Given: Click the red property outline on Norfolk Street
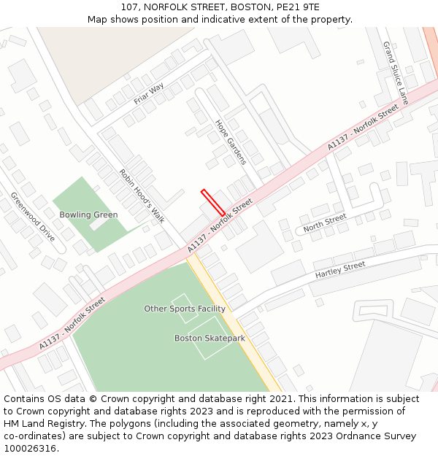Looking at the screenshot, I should click(213, 202).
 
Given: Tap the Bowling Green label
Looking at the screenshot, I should click(88, 215).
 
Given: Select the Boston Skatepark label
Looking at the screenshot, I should click(210, 339).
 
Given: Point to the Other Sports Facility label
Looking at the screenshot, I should click(184, 309).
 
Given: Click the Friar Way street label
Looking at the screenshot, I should click(149, 93).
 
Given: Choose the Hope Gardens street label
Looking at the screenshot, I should click(231, 142).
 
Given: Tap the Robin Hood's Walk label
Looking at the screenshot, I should click(142, 196).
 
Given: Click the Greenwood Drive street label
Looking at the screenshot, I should click(33, 217).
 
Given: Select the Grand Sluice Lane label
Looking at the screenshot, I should click(395, 72).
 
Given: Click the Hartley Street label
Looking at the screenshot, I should click(339, 270).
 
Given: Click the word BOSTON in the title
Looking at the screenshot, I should click(245, 7).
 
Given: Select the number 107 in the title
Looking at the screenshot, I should click(129, 7).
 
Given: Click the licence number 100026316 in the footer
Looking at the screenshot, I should click(28, 448).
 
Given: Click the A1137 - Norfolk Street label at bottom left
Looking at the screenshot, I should click(72, 320).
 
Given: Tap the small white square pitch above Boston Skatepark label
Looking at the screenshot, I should click(184, 308).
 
